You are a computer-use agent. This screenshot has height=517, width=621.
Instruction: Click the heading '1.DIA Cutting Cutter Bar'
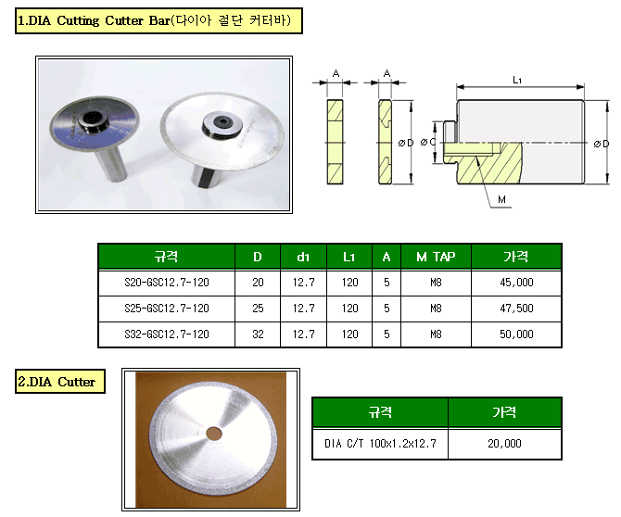click(158, 20)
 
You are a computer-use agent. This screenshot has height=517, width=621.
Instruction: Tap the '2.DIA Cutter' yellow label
click(60, 381)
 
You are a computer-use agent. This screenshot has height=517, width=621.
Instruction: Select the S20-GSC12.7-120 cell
click(166, 283)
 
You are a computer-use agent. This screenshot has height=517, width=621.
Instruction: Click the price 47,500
click(516, 309)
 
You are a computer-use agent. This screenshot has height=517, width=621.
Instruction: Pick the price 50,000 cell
click(516, 334)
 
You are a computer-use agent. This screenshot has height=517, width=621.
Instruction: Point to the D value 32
click(258, 334)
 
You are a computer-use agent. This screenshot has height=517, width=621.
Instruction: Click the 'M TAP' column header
click(436, 257)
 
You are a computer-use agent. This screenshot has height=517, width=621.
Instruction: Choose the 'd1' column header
click(303, 257)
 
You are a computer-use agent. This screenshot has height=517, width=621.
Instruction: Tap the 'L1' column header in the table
click(349, 257)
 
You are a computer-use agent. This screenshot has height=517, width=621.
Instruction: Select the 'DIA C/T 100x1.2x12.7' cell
click(380, 444)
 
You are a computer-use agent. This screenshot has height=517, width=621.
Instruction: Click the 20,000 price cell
click(504, 444)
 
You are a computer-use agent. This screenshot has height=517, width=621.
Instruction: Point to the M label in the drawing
click(501, 199)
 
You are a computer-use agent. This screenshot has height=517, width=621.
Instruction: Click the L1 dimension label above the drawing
click(517, 80)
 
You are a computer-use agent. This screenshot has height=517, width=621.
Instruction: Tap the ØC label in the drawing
click(428, 142)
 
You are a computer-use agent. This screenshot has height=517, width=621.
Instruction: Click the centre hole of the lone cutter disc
click(214, 434)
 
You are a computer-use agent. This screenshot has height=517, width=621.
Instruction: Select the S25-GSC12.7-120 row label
click(166, 309)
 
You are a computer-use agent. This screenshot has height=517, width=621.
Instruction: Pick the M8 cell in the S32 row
click(436, 334)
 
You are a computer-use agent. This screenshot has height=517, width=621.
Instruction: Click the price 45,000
click(516, 283)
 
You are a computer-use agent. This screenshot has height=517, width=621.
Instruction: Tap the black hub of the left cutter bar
click(93, 121)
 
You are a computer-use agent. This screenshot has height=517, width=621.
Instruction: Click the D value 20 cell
click(258, 283)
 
